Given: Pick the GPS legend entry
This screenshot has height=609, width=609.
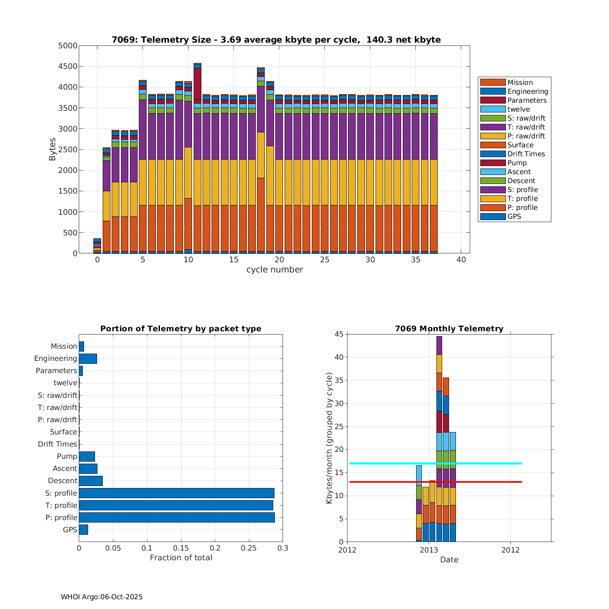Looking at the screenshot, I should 514,216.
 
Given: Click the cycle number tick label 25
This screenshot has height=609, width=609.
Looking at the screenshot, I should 324,260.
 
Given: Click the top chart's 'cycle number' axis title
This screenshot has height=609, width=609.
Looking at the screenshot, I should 274,270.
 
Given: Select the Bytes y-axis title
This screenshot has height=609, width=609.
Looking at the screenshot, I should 52,149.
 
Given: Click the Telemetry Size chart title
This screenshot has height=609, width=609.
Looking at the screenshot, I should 276,40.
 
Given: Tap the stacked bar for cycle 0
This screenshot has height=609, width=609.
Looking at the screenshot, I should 97,246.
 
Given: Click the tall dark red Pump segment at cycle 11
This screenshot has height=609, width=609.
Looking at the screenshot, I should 197,83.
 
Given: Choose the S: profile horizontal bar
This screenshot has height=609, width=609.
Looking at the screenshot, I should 176,493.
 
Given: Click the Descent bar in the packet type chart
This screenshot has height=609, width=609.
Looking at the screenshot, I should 91,481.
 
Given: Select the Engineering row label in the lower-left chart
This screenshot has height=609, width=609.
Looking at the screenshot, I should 56,358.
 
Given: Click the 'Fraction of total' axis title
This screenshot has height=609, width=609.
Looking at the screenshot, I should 181,557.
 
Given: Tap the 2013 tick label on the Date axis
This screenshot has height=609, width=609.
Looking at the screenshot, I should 429,550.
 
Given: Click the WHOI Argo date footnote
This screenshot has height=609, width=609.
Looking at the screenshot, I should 101,597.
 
